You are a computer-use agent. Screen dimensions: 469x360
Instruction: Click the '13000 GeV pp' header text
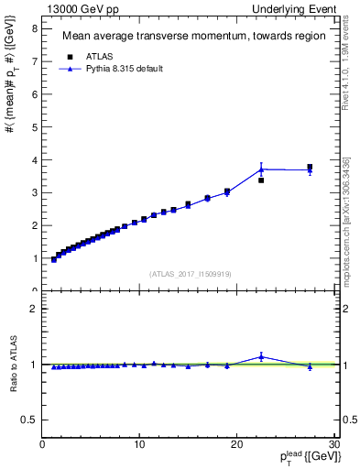(79, 8)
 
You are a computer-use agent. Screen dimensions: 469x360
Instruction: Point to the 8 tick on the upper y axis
(36, 27)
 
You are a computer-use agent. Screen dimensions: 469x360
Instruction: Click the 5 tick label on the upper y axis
(36, 126)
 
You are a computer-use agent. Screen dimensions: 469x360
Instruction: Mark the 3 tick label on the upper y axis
(36, 192)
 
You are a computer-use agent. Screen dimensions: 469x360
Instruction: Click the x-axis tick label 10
(139, 444)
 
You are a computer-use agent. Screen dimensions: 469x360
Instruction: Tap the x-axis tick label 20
(236, 444)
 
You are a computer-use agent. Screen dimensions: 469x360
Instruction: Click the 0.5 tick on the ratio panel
(31, 420)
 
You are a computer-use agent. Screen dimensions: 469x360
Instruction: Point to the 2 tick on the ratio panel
(36, 309)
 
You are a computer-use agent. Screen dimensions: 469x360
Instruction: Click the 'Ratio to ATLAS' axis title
(12, 365)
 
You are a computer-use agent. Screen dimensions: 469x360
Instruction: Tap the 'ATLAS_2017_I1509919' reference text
(191, 273)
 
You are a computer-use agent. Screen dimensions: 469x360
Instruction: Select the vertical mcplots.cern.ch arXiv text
(345, 221)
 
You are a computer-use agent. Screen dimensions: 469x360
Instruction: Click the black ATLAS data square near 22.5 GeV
(261, 180)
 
